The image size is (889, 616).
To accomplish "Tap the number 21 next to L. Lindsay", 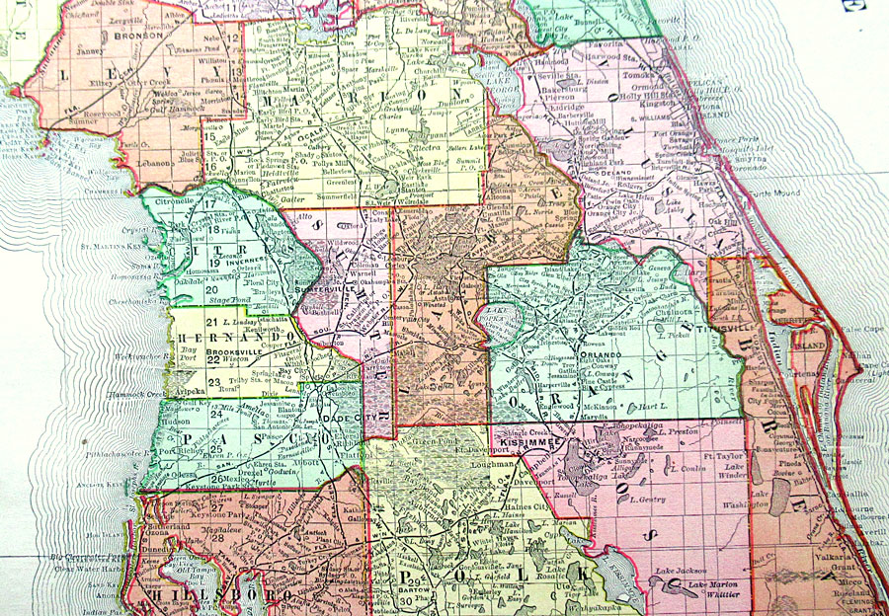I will click(211, 322).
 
